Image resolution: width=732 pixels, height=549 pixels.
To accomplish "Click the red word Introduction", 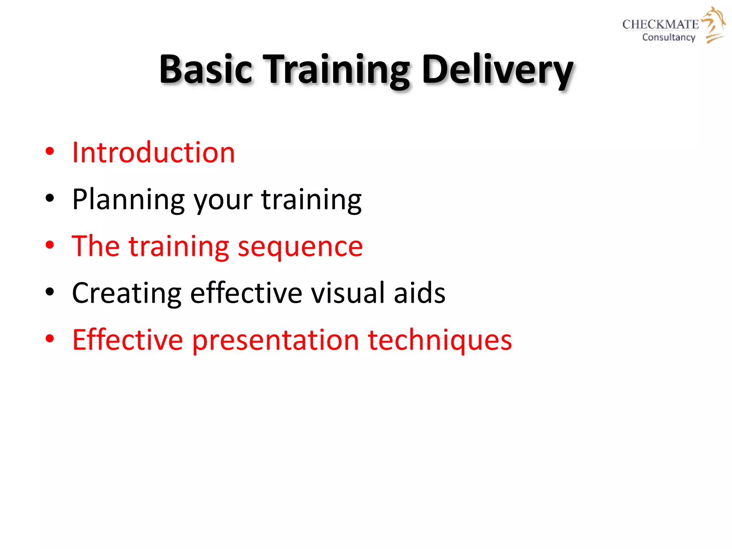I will [x=153, y=153].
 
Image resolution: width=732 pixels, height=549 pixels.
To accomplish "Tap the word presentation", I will [x=275, y=341].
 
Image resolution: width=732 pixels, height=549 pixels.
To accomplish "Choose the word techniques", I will [x=440, y=341].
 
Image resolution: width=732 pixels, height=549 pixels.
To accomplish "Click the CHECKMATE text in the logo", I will [x=660, y=24].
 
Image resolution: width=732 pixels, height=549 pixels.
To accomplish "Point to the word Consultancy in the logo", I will [x=668, y=37].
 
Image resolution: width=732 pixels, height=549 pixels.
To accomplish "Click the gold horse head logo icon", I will [x=713, y=24].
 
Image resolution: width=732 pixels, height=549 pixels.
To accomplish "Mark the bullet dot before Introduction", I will [x=50, y=151].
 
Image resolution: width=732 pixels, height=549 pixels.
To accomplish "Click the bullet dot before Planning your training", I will [x=50, y=198].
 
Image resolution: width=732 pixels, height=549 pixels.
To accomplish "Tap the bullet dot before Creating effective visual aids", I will [x=50, y=292].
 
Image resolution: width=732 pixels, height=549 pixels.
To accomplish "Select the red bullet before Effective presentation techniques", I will [x=50, y=338].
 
